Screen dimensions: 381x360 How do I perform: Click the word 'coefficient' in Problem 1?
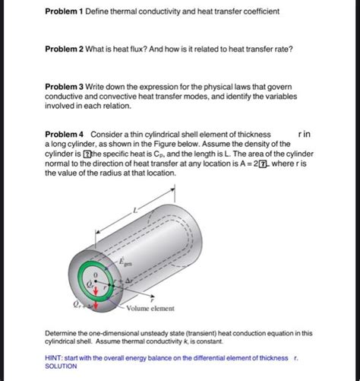[258, 11]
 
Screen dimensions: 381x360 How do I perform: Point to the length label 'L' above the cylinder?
[135, 209]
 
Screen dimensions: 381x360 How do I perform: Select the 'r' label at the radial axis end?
[154, 299]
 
